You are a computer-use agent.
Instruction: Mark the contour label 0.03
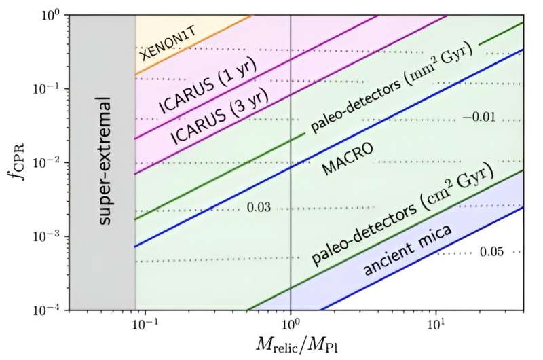[259, 207]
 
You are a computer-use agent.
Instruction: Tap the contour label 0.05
[492, 252]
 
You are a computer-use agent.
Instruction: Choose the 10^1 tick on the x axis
[435, 325]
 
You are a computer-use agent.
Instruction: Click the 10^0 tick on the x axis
[291, 325]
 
